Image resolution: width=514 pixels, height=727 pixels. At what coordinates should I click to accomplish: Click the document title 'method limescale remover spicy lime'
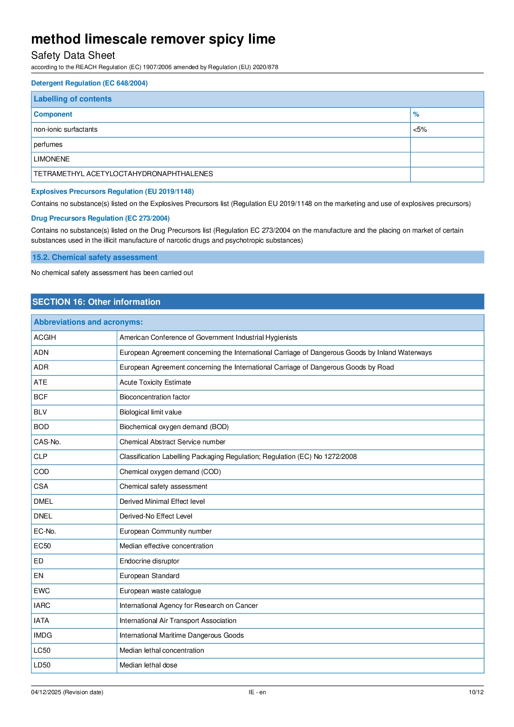153,39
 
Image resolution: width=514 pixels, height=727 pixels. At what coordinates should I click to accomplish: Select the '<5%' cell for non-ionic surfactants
420,130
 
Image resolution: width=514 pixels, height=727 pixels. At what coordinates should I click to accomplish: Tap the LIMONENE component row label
52,159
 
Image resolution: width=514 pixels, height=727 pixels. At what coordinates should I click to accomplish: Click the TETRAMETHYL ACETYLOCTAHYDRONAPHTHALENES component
123,174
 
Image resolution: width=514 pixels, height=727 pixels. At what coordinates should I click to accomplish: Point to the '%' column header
416,114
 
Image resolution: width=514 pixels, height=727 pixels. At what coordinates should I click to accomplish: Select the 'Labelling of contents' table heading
73,99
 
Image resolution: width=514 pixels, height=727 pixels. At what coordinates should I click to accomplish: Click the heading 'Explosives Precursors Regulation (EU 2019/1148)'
112,191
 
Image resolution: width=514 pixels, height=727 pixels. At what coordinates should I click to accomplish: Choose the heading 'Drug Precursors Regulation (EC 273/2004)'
100,218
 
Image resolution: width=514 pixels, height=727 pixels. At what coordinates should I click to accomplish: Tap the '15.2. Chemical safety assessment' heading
95,257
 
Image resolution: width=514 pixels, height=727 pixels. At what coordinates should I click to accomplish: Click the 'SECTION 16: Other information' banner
96,302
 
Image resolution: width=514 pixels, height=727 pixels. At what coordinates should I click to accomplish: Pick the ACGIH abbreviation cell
45,338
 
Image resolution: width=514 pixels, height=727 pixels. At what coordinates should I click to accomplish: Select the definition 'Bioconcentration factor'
155,397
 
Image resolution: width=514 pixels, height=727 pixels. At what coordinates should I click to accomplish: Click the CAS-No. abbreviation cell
47,442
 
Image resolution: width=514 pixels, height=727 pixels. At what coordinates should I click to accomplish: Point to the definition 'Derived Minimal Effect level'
162,502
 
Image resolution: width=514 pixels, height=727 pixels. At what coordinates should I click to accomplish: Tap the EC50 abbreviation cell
42,546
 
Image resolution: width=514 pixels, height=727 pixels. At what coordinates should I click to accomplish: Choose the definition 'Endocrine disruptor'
149,561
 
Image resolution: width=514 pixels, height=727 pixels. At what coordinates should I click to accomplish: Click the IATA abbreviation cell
41,621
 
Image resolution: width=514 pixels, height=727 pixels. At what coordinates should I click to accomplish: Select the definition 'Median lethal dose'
148,665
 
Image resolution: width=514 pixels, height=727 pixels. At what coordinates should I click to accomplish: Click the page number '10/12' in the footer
476,692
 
